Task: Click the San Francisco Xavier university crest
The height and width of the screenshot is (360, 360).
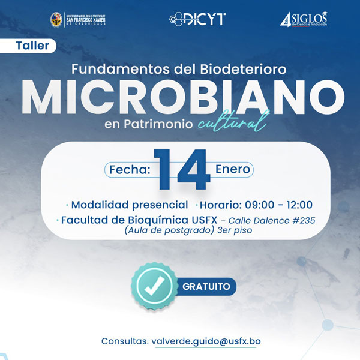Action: tap(56, 19)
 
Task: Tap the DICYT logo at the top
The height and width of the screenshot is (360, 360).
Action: tap(197, 19)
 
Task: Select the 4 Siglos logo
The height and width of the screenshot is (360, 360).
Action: tap(302, 20)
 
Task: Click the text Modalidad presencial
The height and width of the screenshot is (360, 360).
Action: tap(130, 205)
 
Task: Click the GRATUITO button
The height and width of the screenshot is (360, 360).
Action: tap(206, 286)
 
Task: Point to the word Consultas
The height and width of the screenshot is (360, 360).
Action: tap(124, 341)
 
